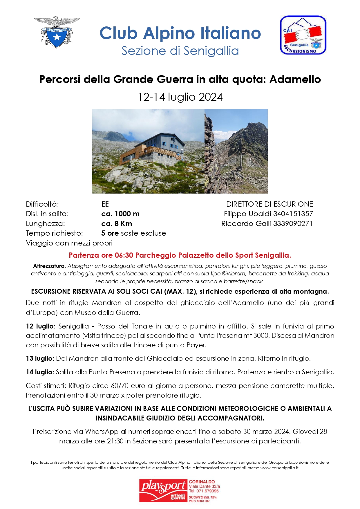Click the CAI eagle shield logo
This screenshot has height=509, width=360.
[x=57, y=32]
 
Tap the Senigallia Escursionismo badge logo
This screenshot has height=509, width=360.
[x=303, y=35]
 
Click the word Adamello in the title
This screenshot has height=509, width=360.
[x=295, y=79]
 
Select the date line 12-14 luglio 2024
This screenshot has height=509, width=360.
[x=180, y=97]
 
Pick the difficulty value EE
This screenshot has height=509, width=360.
[x=105, y=204]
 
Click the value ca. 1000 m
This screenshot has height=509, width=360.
[x=120, y=214]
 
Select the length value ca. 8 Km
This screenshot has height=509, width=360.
[x=117, y=224]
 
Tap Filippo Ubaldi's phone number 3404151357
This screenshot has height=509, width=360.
[x=293, y=214]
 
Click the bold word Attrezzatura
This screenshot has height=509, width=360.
[x=49, y=266]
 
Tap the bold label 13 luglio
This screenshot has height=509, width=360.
[x=39, y=358]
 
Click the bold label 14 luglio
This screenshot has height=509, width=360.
[x=39, y=372]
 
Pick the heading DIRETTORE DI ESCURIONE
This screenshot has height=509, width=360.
[x=269, y=204]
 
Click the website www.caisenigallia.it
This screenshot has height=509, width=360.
[x=279, y=468]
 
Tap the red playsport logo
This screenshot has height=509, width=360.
[x=163, y=490]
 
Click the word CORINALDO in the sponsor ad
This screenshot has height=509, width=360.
[x=202, y=482]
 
